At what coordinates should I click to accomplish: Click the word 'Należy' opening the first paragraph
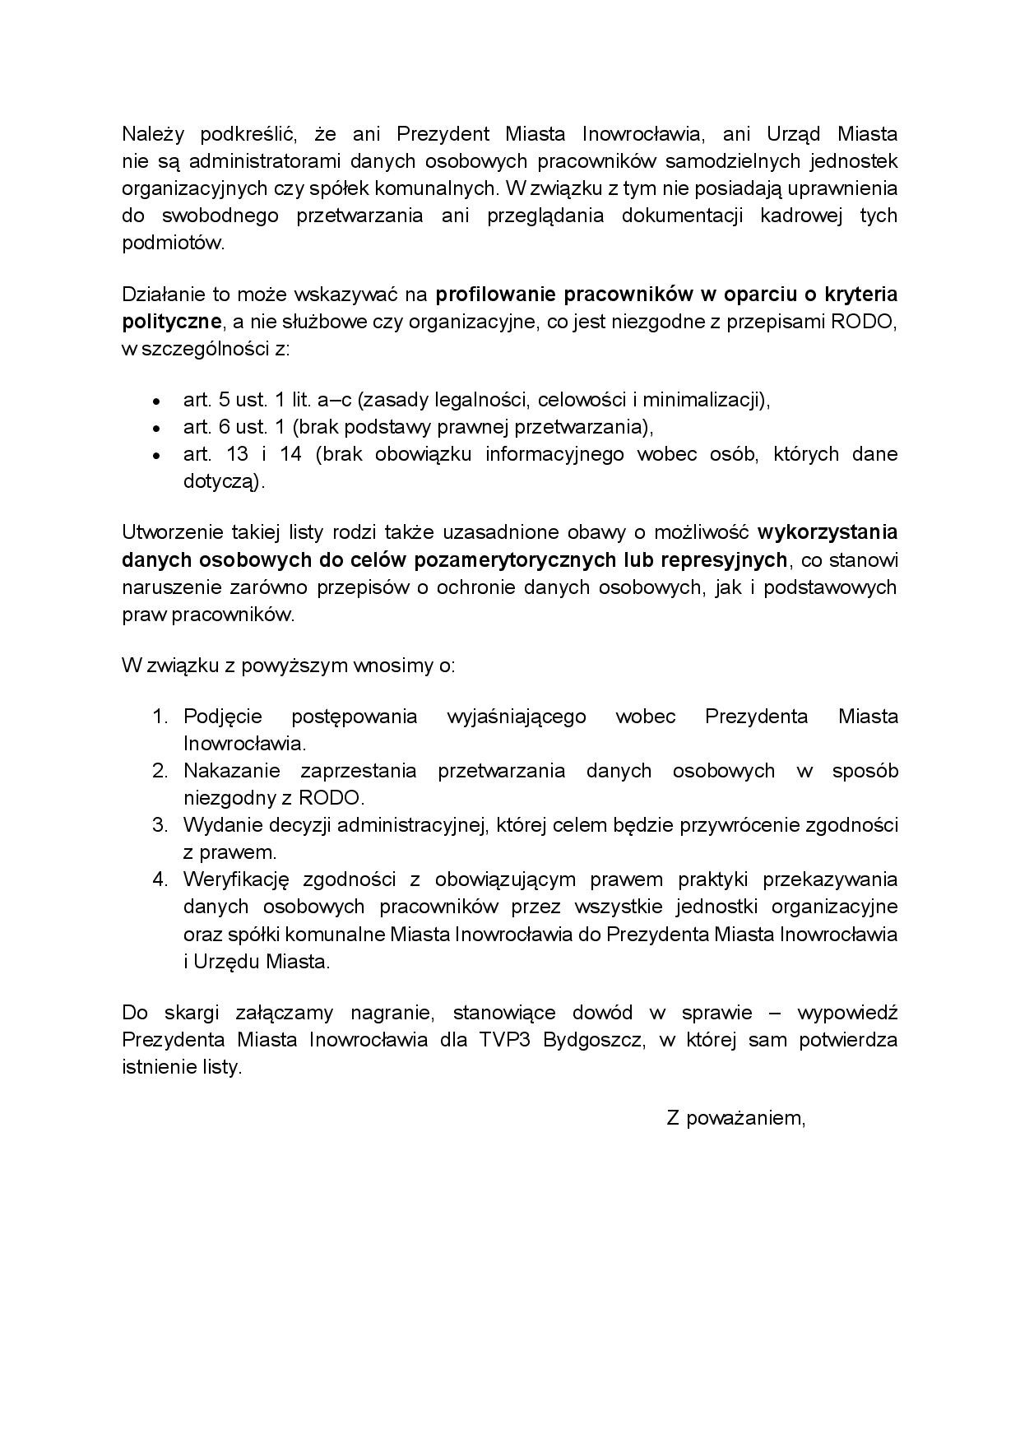[x=150, y=134]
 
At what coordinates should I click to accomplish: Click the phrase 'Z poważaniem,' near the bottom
[x=735, y=1117]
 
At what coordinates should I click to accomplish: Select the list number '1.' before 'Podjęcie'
[x=160, y=717]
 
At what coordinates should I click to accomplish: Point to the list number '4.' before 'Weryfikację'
[x=160, y=879]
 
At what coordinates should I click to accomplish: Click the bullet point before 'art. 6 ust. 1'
[x=156, y=429]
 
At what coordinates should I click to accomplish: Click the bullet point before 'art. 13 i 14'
[x=156, y=456]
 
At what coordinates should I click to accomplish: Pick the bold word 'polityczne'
[x=171, y=322]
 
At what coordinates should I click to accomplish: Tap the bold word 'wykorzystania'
[x=827, y=532]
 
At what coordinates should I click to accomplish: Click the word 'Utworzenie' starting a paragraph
[x=169, y=532]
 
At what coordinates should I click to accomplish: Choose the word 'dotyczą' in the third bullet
[x=220, y=482]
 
